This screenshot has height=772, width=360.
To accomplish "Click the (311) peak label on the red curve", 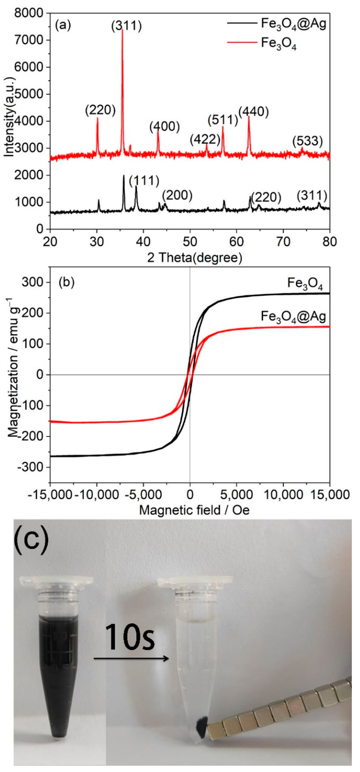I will pos(126,26).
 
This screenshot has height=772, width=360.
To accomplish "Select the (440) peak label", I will pos(254,112).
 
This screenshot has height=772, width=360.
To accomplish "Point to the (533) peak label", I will pos(308,141).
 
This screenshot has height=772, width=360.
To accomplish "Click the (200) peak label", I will pos(177,195).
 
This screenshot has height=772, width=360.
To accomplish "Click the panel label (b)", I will pos(66,283).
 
